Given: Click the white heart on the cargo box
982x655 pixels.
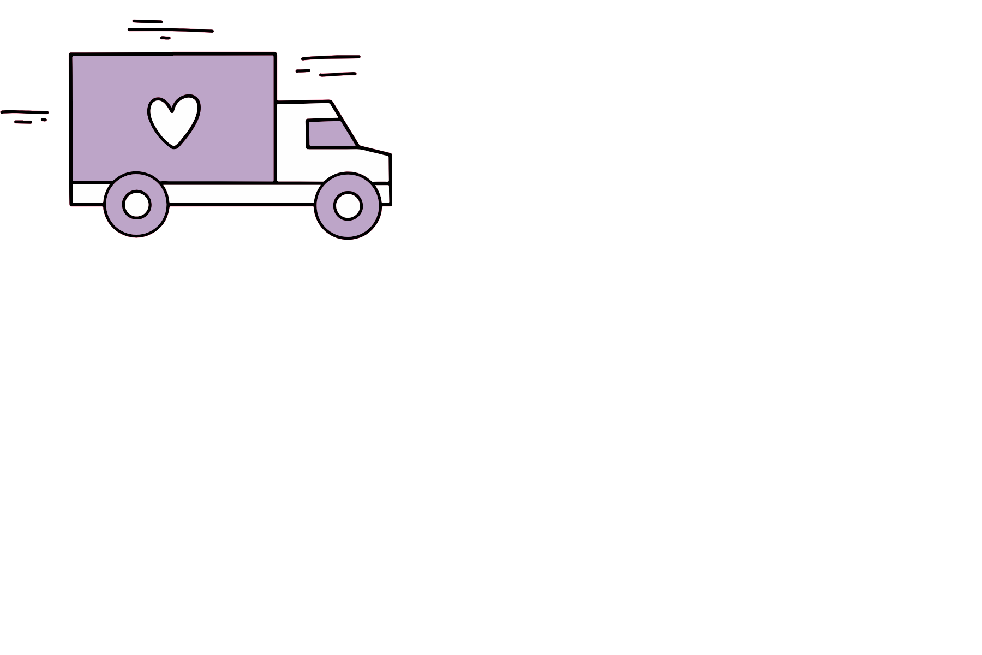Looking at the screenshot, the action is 173,120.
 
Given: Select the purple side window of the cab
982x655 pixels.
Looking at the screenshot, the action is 327,134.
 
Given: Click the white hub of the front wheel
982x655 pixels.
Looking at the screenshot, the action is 348,206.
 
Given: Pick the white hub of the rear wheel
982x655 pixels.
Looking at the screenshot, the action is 136,205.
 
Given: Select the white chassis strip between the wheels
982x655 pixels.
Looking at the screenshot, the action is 240,194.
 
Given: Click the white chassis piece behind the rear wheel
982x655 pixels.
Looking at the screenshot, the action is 87,194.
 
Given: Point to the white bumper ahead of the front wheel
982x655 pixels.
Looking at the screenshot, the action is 384,194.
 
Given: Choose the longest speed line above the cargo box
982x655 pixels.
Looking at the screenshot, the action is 171,30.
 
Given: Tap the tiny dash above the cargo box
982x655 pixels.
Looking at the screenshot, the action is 165,38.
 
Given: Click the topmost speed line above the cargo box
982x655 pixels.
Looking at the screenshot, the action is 147,21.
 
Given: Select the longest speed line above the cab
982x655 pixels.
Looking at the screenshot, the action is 331,57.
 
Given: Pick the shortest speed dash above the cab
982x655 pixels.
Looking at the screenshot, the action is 303,70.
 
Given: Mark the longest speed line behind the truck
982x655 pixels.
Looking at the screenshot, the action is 25,112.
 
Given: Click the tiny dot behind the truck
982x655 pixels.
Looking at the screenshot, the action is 44,120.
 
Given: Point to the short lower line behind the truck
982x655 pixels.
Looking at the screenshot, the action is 23,122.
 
